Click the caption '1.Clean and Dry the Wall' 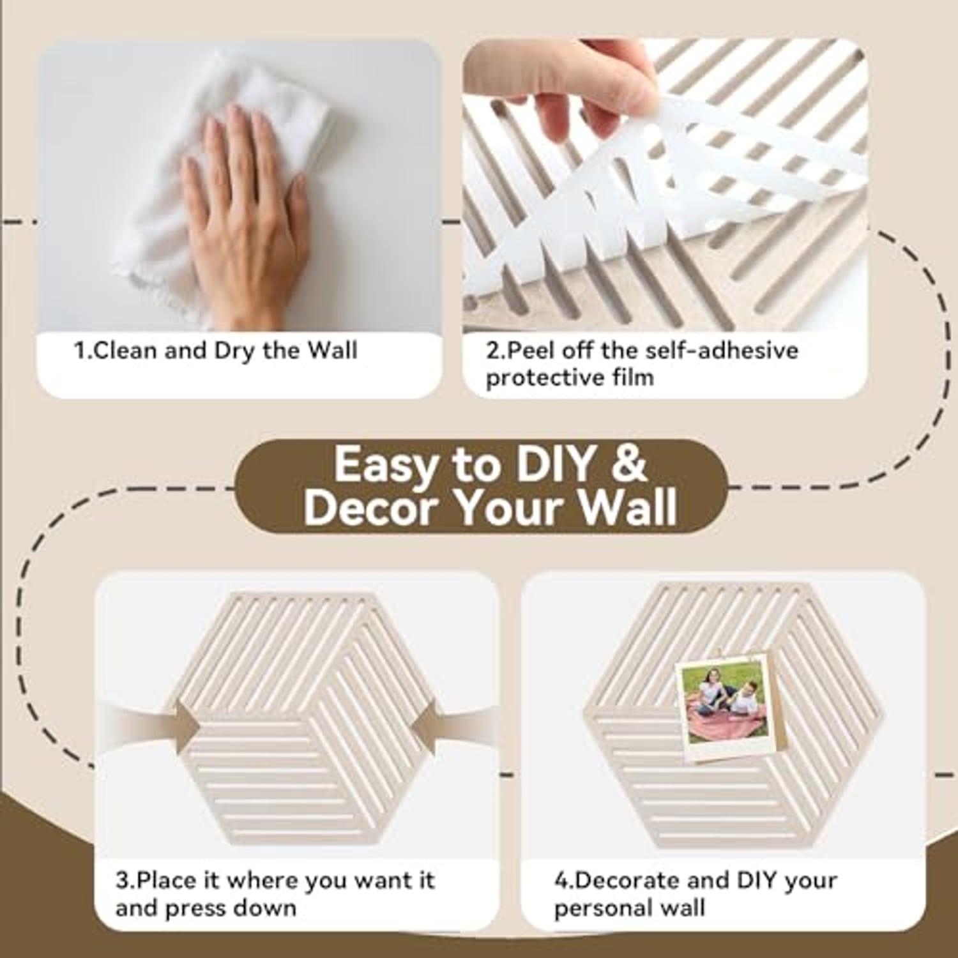click(x=216, y=351)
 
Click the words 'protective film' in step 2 click(x=570, y=377)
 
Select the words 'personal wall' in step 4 click(x=629, y=908)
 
